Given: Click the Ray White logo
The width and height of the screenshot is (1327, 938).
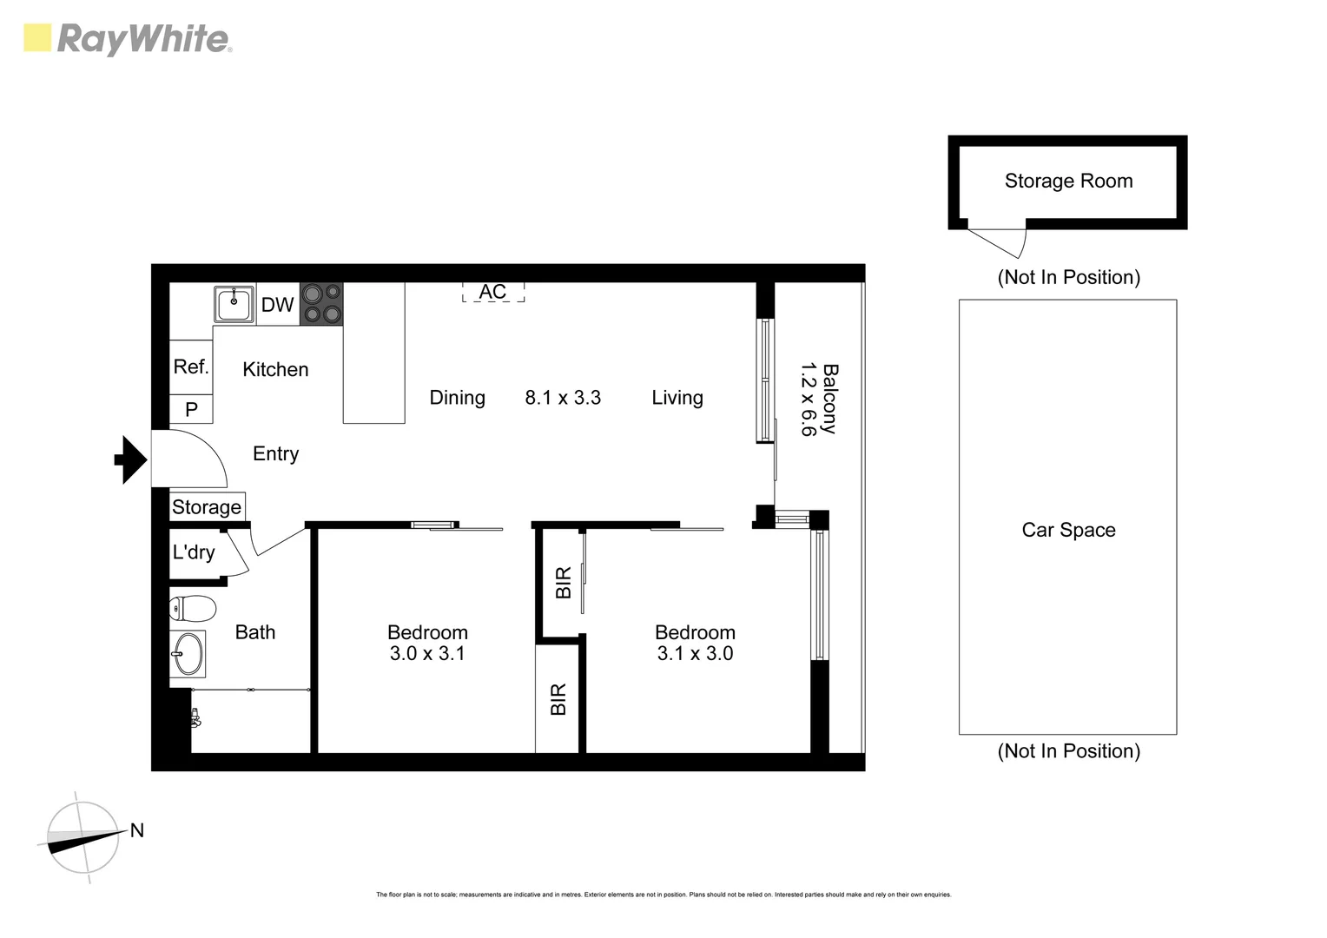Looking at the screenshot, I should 127,39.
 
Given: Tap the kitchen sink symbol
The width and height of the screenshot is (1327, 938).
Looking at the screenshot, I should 234,304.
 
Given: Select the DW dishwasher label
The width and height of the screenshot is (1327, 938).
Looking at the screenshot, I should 278,305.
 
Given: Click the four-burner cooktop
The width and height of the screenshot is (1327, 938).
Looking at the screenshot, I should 321,304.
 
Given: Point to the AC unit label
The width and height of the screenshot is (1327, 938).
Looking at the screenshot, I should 492,292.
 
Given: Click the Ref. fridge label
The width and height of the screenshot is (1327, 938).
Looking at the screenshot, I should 191,367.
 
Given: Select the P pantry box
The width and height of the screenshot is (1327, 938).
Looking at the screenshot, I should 191,409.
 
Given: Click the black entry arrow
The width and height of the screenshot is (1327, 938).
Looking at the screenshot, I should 131,459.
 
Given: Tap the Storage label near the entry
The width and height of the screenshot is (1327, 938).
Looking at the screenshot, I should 207,507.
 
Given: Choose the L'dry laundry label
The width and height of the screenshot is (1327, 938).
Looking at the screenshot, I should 193,552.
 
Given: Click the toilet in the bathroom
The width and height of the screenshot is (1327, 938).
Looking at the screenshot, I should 192,609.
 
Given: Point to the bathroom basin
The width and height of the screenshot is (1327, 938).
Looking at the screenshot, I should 188,653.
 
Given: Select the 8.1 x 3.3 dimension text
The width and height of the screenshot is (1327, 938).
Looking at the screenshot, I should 563,398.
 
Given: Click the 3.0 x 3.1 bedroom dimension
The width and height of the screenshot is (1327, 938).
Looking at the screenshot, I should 427,654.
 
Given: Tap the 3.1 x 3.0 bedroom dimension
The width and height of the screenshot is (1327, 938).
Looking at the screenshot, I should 695,654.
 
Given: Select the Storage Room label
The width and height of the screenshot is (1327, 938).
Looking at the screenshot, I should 1068,182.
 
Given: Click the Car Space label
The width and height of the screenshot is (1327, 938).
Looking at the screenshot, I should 1068,530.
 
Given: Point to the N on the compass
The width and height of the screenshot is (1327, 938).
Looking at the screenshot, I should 137,830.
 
